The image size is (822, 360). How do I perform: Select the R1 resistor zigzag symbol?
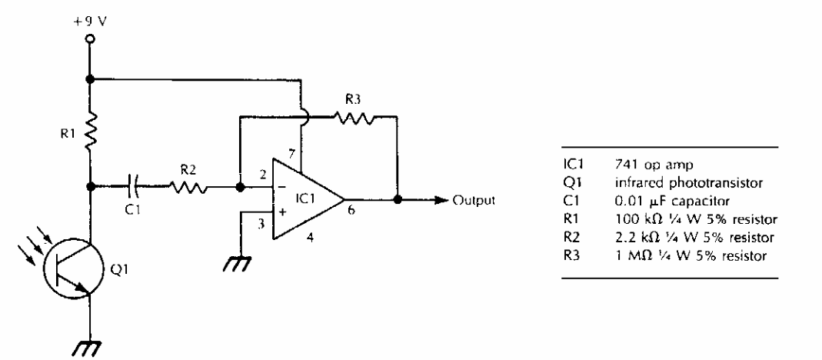pyautogui.click(x=90, y=130)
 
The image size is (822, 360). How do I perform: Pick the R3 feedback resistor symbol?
pyautogui.click(x=354, y=117)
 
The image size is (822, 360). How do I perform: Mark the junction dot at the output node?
pyautogui.click(x=397, y=199)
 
